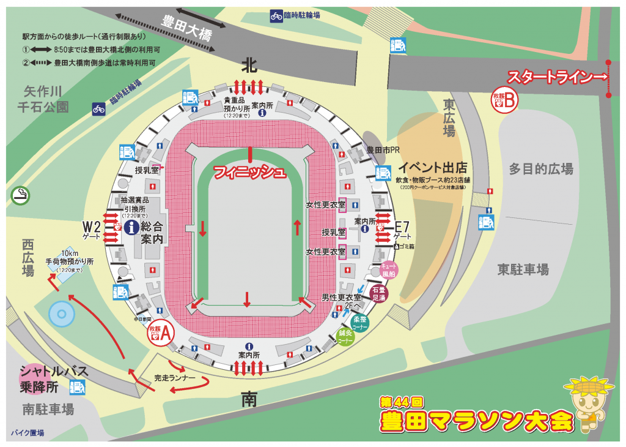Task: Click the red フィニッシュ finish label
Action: click(249, 173)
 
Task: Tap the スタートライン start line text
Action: click(553, 78)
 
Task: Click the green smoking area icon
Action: click(20, 195)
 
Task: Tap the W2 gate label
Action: click(94, 230)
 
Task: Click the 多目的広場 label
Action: click(541, 169)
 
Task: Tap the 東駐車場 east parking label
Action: click(523, 269)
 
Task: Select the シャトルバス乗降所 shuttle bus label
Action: click(54, 378)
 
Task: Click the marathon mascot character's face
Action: click(586, 403)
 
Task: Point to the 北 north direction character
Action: click(249, 64)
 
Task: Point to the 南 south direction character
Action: click(249, 400)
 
